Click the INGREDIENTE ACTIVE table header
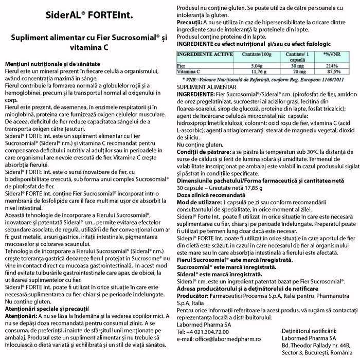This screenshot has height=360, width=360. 206,53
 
